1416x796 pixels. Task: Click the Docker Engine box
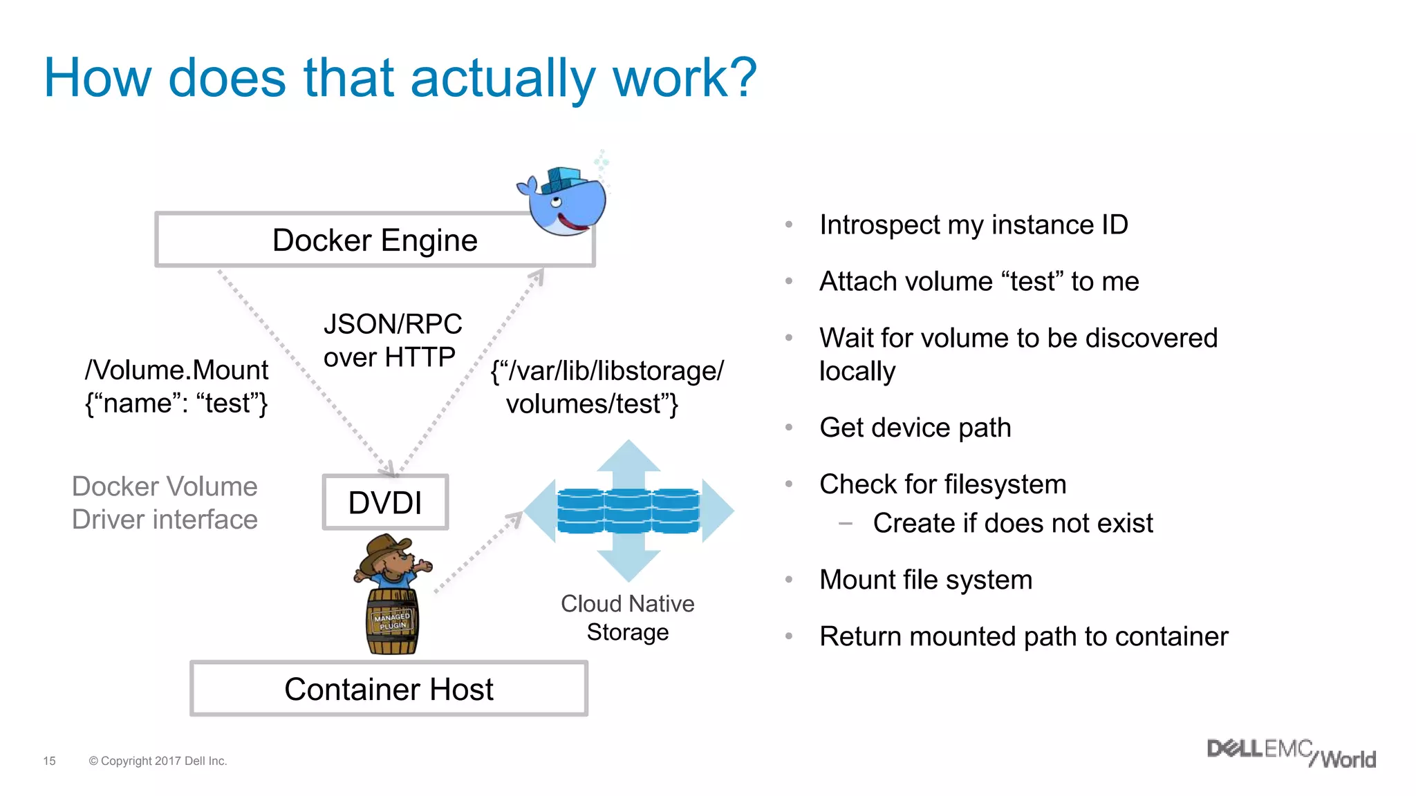pos(374,240)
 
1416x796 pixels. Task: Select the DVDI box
pos(385,502)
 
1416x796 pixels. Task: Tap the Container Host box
pos(389,689)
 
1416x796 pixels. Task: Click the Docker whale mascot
pos(564,201)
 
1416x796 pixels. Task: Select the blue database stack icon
pos(628,511)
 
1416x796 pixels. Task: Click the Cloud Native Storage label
pos(627,617)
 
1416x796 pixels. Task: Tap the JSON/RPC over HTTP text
pos(391,341)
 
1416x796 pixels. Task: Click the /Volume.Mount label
pos(176,370)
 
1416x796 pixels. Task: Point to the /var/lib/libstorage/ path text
pos(607,371)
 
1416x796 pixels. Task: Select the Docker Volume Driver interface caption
pos(165,502)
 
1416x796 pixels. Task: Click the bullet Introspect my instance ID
pos(973,225)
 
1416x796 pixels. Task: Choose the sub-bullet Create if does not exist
pos(1012,523)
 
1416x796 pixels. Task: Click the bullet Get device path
pos(915,428)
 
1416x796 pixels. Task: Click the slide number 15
pos(49,761)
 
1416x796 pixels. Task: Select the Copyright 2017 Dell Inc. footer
pos(158,761)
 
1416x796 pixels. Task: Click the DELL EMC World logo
pos(1291,753)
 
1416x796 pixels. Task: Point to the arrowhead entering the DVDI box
pos(391,469)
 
